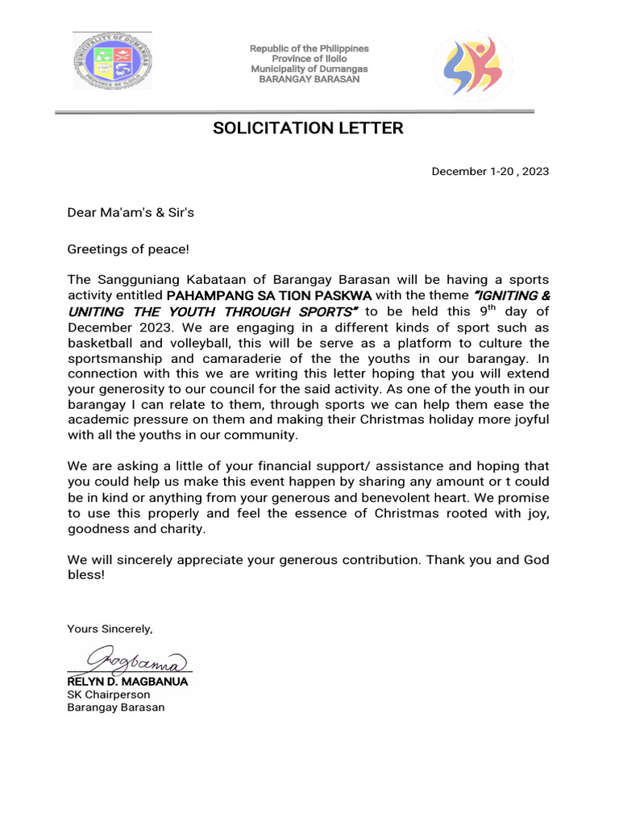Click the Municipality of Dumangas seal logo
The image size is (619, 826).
tap(112, 60)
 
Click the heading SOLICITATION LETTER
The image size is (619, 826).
tap(308, 128)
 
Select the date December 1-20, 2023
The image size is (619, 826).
tap(490, 172)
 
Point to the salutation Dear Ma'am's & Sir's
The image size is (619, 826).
tap(131, 213)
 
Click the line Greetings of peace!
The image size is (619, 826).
tap(127, 250)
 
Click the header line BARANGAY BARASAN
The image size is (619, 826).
tap(309, 80)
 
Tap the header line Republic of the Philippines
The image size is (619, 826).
tap(309, 49)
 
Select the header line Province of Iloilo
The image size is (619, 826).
tap(309, 59)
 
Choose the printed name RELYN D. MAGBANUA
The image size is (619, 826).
tap(127, 682)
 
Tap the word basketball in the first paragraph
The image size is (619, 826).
tap(98, 343)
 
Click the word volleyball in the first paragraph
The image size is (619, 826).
tap(185, 343)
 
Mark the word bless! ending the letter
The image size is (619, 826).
tap(85, 576)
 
